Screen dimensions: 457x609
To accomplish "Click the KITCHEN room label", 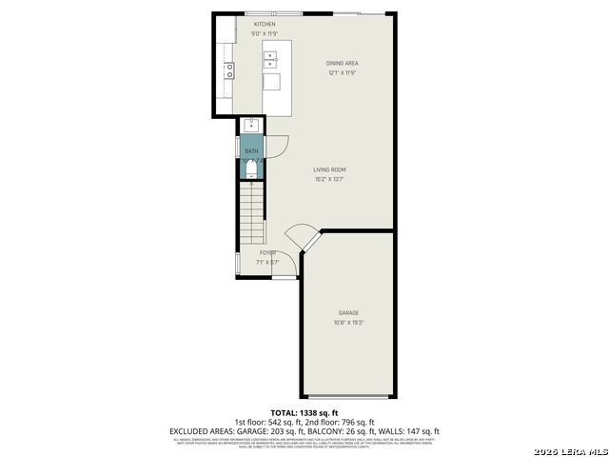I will pos(265,24).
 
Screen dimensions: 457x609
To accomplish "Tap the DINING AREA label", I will pos(342,63).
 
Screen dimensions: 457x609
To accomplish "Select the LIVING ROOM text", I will pos(329,169).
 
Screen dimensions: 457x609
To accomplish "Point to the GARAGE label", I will pos(348,312).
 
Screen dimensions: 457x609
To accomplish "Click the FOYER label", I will pos(267,252).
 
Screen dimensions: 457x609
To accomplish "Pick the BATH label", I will pos(251,151).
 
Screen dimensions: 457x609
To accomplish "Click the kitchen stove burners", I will pos(228,70).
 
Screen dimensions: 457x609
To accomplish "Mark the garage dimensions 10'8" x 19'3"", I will pos(348,322).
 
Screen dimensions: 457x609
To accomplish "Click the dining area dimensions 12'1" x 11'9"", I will pos(342,72).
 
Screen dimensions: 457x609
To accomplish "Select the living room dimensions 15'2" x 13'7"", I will pos(329,179).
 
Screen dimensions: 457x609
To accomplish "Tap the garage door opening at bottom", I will pos(348,396).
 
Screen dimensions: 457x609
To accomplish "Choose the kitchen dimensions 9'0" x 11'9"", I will pos(265,33).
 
